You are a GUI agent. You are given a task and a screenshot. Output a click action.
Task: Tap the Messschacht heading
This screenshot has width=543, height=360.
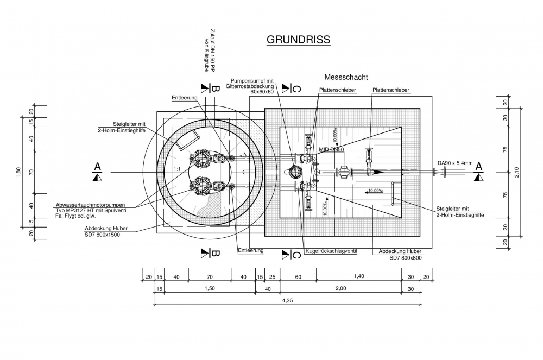[x=346, y=77]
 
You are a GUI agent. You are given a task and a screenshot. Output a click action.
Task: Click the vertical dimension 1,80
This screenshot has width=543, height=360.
[x=18, y=171]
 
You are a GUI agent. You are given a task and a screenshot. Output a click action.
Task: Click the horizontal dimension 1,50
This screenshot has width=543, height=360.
[x=209, y=289]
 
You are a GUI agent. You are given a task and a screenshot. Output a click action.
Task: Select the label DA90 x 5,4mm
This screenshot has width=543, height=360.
[x=454, y=162]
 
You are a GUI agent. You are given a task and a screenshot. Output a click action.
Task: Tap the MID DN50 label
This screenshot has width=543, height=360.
[x=331, y=149]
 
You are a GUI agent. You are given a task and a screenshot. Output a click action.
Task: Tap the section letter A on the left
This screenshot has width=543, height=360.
[x=98, y=166]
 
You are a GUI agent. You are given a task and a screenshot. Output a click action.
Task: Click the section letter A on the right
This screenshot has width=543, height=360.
[x=478, y=166]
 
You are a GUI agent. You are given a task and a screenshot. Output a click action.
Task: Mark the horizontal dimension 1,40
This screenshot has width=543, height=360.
[x=358, y=276]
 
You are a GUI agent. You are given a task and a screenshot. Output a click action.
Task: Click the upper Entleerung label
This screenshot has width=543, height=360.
[x=185, y=98]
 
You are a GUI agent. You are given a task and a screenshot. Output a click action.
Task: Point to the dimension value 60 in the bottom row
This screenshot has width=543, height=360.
[x=298, y=276]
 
